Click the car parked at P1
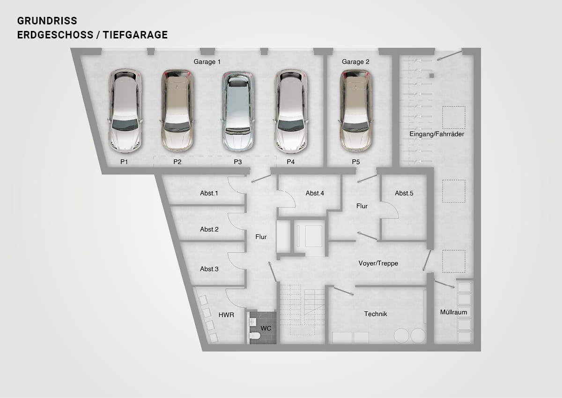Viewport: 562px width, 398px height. tap(125, 111)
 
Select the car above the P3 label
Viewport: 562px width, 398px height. tap(237, 112)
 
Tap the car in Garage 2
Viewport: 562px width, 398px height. tap(355, 111)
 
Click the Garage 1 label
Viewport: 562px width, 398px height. tap(207, 62)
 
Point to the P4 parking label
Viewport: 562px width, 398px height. tap(290, 162)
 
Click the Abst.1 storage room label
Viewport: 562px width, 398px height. tap(209, 193)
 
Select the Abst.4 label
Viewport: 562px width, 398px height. tap(315, 193)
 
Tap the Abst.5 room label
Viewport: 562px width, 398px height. tap(404, 193)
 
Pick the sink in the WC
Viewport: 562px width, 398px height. tap(252, 322)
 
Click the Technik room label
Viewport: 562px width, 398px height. tap(375, 314)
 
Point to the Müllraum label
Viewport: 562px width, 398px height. tap(454, 312)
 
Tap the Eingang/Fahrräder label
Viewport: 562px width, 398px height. tap(437, 134)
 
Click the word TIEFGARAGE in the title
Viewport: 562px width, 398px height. tap(135, 35)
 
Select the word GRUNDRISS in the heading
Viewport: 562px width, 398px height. tap(47, 21)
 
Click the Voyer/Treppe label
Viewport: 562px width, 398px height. tap(378, 263)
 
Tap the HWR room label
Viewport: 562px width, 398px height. tap(226, 315)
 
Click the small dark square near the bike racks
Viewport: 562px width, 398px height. tap(431, 75)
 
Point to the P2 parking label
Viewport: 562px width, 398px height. tap(177, 162)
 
